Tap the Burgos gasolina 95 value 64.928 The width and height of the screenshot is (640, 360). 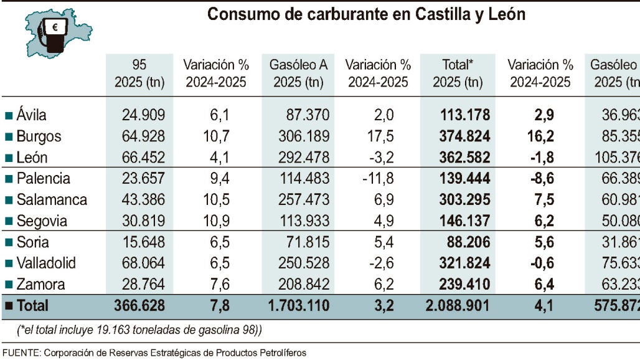click(139, 136)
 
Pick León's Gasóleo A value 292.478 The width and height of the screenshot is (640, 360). click(298, 158)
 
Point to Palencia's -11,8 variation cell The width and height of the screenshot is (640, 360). click(378, 179)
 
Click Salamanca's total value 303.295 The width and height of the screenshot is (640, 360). click(461, 200)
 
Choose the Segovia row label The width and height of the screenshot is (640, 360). click(40, 221)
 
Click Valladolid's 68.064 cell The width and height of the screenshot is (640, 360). click(139, 263)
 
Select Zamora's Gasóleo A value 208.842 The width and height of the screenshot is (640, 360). click(298, 285)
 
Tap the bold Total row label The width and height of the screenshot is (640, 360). click(32, 306)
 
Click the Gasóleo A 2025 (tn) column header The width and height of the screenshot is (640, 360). click(298, 73)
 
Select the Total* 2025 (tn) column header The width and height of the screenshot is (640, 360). click(458, 73)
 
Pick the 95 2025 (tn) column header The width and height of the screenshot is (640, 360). click(139, 73)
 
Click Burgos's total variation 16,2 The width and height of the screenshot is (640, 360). click(540, 136)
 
